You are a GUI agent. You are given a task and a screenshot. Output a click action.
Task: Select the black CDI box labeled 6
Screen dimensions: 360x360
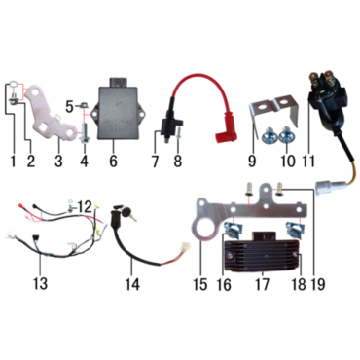(119, 110)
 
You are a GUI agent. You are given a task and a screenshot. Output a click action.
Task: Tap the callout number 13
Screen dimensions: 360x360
(40, 283)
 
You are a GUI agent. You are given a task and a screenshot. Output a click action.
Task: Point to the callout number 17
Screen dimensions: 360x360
(262, 284)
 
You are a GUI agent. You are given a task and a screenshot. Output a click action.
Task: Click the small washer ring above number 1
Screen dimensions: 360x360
(11, 84)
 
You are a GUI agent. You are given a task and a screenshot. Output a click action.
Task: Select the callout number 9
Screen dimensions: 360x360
(252, 161)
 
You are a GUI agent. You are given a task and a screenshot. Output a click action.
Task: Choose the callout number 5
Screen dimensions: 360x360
(69, 107)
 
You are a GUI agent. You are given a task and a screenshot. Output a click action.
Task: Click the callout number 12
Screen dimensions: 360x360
(85, 207)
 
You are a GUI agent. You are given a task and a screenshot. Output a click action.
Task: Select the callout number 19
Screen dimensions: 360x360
(317, 284)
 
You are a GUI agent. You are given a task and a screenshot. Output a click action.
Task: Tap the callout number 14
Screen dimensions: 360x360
(132, 284)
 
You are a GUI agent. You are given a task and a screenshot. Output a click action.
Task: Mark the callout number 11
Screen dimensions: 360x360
(308, 161)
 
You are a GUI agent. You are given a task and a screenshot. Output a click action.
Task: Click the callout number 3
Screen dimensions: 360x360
(58, 161)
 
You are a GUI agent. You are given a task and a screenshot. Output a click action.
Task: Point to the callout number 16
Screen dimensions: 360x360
(225, 284)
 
